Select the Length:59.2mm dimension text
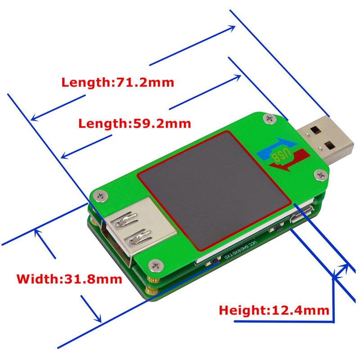(134, 123)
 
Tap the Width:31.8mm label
(69, 279)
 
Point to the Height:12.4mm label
(274, 310)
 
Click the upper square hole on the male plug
(315, 130)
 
